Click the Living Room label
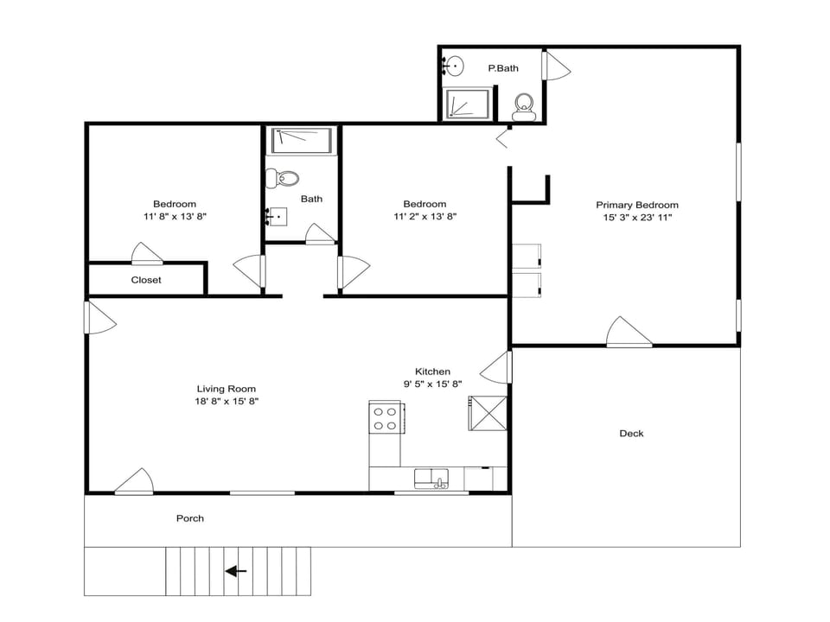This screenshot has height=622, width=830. tap(227, 389)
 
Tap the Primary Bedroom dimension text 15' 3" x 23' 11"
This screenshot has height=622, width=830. tap(637, 218)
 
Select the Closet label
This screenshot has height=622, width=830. tap(146, 280)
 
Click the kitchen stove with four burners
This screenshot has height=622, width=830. tap(385, 419)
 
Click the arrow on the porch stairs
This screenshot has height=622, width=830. tap(236, 571)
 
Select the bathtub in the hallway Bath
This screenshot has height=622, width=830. tap(302, 141)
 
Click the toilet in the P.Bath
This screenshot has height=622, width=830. tap(523, 108)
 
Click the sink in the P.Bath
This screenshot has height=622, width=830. tap(454, 66)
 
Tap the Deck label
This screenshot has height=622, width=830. tap(631, 434)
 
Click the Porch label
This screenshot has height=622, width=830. tap(190, 518)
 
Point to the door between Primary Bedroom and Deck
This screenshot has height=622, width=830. tap(629, 333)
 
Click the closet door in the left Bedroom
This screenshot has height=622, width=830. tap(146, 254)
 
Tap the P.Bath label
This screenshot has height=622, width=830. tap(503, 67)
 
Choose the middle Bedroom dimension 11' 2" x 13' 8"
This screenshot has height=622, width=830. tap(425, 217)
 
